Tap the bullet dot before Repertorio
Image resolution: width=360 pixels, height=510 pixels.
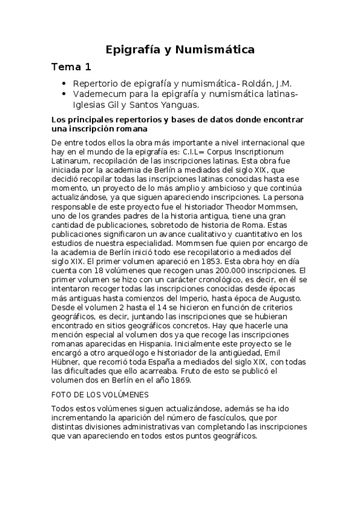point(64,84)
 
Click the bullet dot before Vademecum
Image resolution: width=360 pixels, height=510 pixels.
point(64,94)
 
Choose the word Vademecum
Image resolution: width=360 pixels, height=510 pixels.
point(99,94)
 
